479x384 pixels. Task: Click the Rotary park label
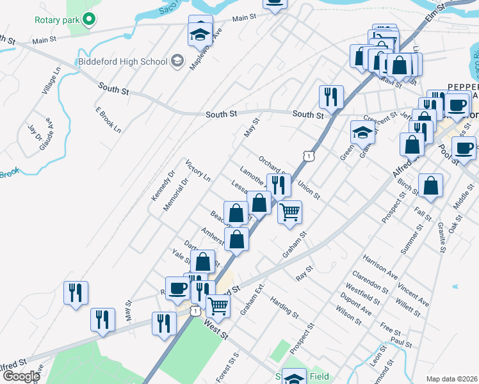point(58,20)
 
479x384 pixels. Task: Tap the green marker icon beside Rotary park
point(90,20)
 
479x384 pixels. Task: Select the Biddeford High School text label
point(122,61)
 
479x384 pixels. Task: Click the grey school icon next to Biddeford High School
point(177,61)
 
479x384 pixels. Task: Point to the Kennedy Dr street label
point(163,186)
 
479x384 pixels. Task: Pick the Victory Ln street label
point(198,172)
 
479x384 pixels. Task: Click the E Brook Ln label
point(108,119)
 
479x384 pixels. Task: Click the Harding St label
point(284,307)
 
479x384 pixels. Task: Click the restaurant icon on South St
point(331,97)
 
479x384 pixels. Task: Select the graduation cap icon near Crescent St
point(362,132)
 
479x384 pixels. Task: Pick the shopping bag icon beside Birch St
point(432,186)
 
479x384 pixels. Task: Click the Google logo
point(20,376)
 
